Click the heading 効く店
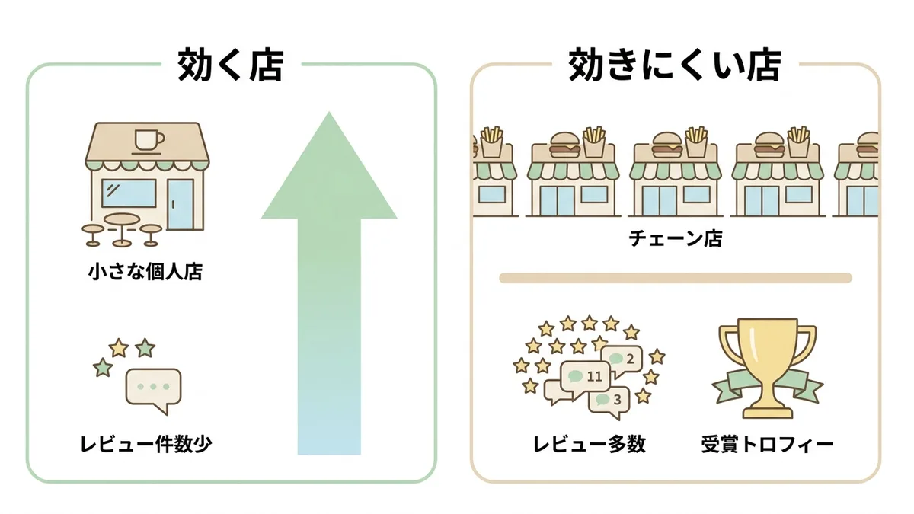point(231,65)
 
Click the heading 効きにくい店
point(675,65)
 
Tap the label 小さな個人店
point(145,272)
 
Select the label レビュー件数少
point(146,444)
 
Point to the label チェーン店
point(676,238)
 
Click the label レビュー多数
point(590,444)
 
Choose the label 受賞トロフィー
point(767,444)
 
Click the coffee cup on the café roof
point(149,141)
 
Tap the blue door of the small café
point(181,204)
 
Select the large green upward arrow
point(329,283)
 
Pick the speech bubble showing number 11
point(585,378)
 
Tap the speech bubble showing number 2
point(621,361)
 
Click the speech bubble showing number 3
point(609,402)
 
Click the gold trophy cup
point(767,367)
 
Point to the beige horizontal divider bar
point(676,278)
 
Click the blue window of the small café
point(129,193)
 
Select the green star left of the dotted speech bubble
point(102,368)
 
